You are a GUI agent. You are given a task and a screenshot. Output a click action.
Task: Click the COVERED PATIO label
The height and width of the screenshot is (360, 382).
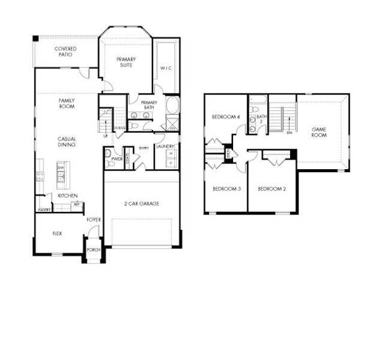click(65, 52)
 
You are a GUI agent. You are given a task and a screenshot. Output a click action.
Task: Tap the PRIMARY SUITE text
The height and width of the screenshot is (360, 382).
click(126, 62)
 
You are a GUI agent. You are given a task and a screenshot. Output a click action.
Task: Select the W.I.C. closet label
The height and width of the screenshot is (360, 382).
click(166, 68)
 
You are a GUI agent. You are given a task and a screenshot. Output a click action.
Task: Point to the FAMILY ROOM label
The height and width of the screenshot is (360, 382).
click(67, 103)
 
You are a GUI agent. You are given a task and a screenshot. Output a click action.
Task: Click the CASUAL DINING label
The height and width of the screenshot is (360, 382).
click(67, 142)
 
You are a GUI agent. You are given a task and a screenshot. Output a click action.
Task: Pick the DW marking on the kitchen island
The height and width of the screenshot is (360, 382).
click(61, 167)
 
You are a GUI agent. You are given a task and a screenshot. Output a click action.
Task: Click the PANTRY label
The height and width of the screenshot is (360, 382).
click(44, 210)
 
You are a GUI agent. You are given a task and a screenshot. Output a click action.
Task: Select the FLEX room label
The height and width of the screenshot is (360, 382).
click(58, 233)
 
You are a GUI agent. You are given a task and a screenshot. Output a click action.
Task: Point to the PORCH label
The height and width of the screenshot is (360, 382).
click(93, 250)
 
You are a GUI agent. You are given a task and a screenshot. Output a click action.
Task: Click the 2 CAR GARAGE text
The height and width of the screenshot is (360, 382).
click(142, 204)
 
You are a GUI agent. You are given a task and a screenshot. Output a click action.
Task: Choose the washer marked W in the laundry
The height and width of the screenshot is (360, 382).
click(171, 154)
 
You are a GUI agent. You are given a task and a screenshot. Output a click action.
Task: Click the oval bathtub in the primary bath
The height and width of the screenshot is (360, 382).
click(172, 106)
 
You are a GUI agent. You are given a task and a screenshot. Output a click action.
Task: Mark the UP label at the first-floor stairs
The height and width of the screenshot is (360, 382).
click(106, 136)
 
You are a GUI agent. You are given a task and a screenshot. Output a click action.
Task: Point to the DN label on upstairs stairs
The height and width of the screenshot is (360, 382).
click(290, 133)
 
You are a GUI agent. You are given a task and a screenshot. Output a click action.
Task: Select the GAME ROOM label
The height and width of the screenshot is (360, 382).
click(318, 132)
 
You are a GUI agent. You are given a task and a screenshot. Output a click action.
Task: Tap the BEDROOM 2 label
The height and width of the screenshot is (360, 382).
click(271, 189)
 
